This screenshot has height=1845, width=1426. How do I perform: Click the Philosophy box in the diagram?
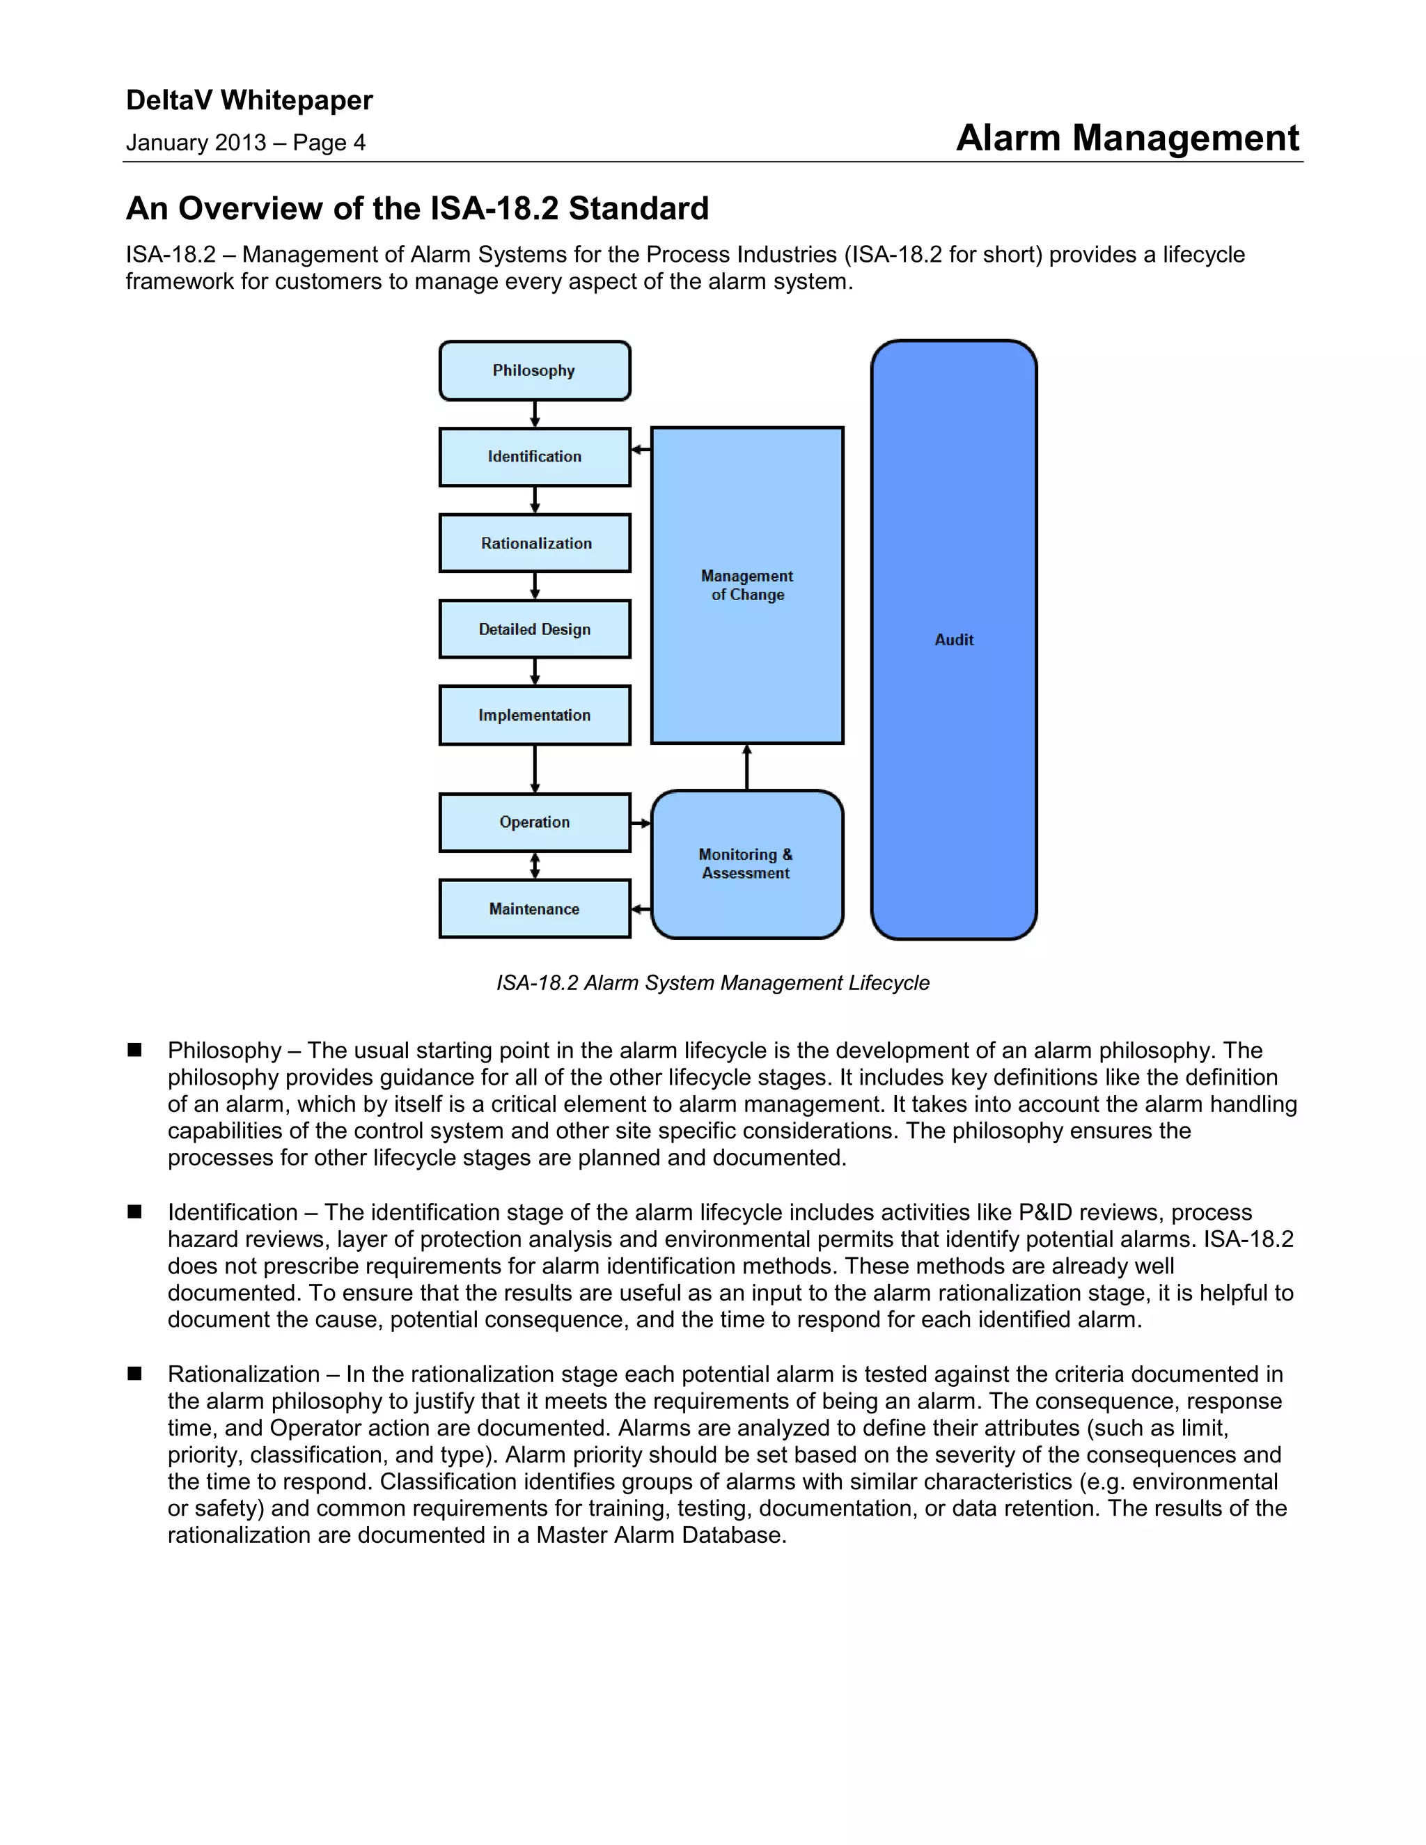coord(534,371)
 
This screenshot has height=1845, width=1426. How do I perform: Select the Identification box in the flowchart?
coord(534,457)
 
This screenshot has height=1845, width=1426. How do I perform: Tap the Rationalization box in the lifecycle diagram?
coord(535,543)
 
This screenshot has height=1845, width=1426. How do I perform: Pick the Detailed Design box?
coord(534,629)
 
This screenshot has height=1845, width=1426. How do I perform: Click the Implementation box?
coord(534,716)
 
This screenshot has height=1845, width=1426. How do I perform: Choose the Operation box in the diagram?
coord(534,822)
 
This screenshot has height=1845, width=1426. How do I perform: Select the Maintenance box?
coord(534,909)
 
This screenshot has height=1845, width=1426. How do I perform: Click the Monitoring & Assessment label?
coord(746,863)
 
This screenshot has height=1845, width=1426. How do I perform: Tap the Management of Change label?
coord(747,586)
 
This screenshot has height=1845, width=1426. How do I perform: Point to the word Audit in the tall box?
coord(954,641)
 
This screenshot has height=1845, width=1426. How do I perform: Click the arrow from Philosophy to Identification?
coord(535,414)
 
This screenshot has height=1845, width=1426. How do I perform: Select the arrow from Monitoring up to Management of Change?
coord(747,767)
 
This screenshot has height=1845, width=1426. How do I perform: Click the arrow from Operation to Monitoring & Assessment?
coord(641,823)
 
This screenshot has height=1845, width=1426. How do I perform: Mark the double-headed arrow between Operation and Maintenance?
coord(535,865)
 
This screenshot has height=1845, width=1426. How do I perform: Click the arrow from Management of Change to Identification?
coord(641,450)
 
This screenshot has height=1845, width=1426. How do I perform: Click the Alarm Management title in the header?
coord(1127,138)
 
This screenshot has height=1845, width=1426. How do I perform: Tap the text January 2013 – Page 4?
coord(245,143)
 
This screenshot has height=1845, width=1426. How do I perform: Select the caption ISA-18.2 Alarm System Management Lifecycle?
coord(712,983)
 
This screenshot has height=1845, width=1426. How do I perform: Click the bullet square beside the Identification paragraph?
coord(134,1211)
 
